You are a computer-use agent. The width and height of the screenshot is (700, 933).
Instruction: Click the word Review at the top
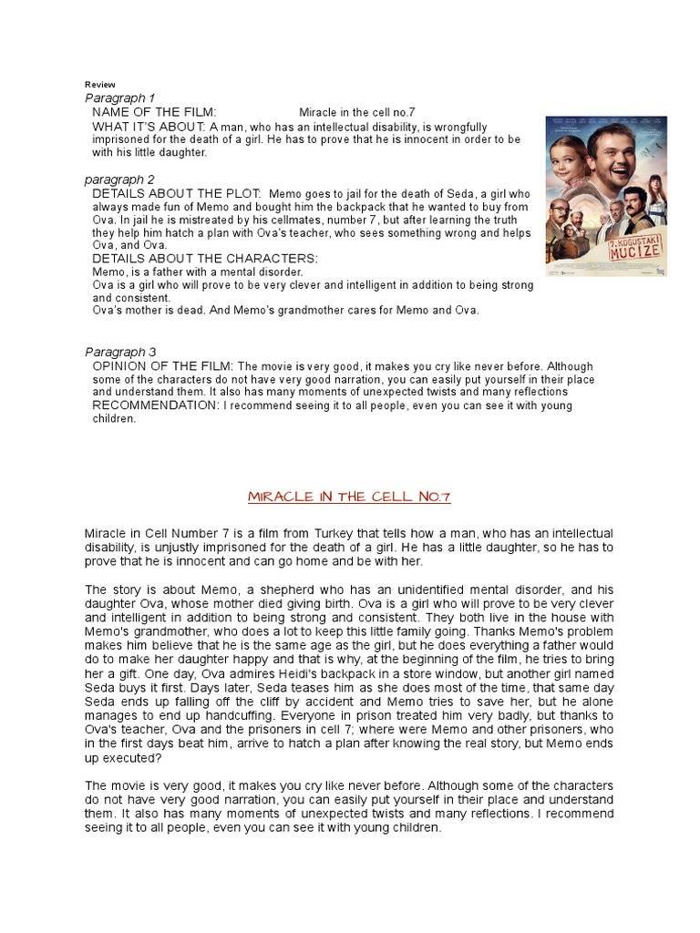(x=100, y=85)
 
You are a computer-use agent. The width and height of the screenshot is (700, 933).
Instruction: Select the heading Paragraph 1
(x=120, y=97)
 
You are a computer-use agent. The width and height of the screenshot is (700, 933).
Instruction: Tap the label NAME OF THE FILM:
(x=155, y=112)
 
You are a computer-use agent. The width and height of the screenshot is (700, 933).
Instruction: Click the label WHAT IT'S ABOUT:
(x=149, y=127)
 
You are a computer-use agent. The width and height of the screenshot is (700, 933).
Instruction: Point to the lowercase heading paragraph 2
(x=120, y=179)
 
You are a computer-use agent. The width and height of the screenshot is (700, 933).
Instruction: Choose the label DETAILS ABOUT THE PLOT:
(x=177, y=194)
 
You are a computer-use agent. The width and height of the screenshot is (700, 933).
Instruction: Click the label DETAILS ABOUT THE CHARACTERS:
(x=205, y=259)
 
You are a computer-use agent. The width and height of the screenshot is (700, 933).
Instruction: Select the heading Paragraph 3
(x=120, y=352)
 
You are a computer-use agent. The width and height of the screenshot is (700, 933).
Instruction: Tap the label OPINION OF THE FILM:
(x=163, y=365)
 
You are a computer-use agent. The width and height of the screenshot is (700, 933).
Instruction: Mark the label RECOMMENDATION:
(x=155, y=405)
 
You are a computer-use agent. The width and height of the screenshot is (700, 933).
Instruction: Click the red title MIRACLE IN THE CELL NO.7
(x=350, y=497)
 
